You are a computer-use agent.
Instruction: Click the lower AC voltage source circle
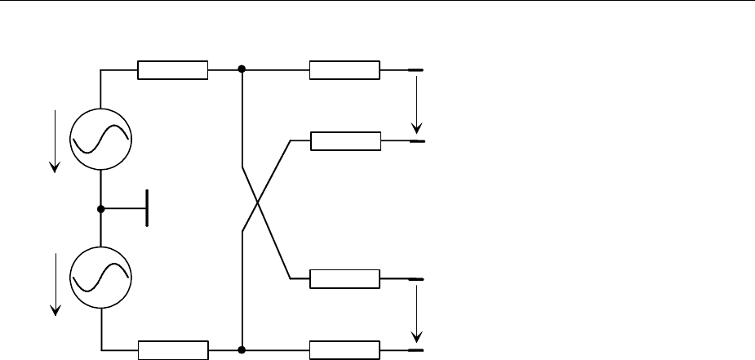pyautogui.click(x=100, y=278)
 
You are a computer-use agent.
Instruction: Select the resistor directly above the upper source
pyautogui.click(x=173, y=70)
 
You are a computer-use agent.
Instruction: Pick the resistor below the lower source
pyautogui.click(x=173, y=349)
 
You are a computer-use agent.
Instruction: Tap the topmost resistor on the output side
pyautogui.click(x=344, y=70)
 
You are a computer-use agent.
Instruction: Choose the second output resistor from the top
pyautogui.click(x=346, y=141)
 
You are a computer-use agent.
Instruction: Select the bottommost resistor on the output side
pyautogui.click(x=344, y=349)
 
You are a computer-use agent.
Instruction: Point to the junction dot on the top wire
pyautogui.click(x=242, y=70)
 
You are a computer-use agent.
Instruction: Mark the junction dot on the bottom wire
pyautogui.click(x=242, y=349)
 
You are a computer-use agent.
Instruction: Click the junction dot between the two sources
pyautogui.click(x=100, y=208)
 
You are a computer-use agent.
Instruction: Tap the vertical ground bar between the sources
pyautogui.click(x=147, y=208)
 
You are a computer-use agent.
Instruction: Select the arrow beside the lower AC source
pyautogui.click(x=55, y=282)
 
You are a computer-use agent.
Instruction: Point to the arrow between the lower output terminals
pyautogui.click(x=417, y=314)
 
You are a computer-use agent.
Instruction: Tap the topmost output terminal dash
pyautogui.click(x=415, y=71)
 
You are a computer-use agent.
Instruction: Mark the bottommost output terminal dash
pyautogui.click(x=415, y=349)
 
